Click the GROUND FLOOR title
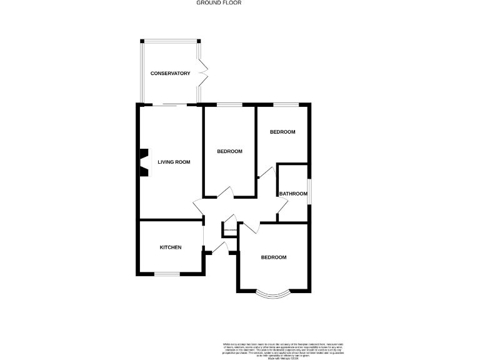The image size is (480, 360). [219, 3]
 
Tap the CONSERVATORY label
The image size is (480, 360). [170, 74]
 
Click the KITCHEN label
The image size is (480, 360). [171, 247]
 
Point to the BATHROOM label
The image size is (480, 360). [293, 194]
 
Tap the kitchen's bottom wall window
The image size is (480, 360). [167, 274]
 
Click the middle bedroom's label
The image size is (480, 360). [229, 152]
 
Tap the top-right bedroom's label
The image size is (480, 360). [282, 132]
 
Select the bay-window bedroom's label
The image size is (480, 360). [274, 257]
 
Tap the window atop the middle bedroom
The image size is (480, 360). [229, 104]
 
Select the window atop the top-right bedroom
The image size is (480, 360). [283, 104]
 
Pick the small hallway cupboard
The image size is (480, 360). [229, 230]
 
